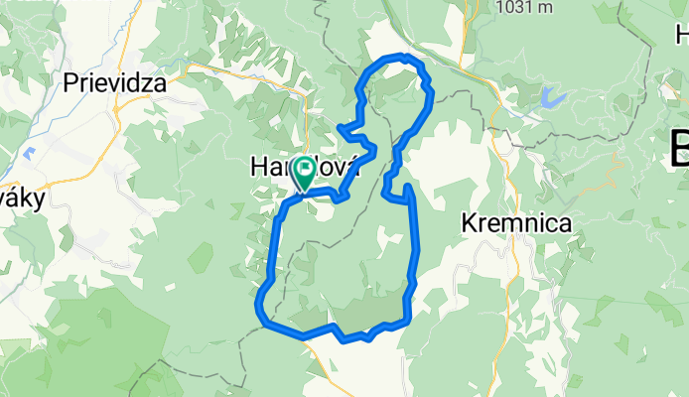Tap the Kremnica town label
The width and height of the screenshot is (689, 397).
click(516, 224)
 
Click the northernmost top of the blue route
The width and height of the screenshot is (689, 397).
click(401, 57)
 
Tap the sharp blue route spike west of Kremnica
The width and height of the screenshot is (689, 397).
click(406, 186)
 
